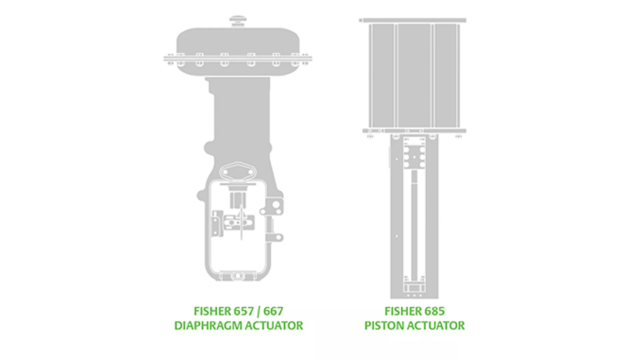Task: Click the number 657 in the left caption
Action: (244, 311)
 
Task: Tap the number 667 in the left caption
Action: (273, 311)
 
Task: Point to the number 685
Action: (434, 311)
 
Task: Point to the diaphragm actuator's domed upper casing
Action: (238, 40)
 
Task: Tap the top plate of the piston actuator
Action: (413, 20)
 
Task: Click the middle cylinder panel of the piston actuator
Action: (414, 75)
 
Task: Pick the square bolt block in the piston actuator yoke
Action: (414, 157)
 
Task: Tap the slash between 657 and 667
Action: (259, 312)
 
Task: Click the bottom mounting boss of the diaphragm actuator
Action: (238, 276)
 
